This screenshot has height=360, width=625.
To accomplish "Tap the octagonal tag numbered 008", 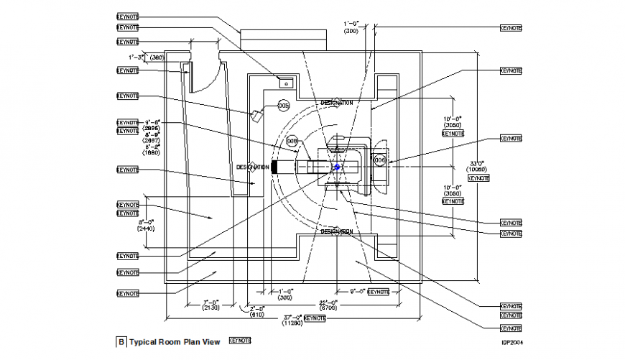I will tap(292, 142).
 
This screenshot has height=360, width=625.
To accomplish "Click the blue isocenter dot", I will tap(335, 167).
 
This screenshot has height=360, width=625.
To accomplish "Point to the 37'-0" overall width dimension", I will tap(292, 317).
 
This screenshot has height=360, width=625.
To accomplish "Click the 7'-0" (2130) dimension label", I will tap(210, 305).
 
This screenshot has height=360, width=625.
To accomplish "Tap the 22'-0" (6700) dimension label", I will tap(328, 305).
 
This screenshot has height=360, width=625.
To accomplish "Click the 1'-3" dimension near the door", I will tap(136, 56).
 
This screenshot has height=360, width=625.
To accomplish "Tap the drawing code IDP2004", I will tap(511, 343).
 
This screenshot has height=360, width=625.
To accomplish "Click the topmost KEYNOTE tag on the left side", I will tap(127, 15).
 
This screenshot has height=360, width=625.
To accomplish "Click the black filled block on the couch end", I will tap(274, 167).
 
